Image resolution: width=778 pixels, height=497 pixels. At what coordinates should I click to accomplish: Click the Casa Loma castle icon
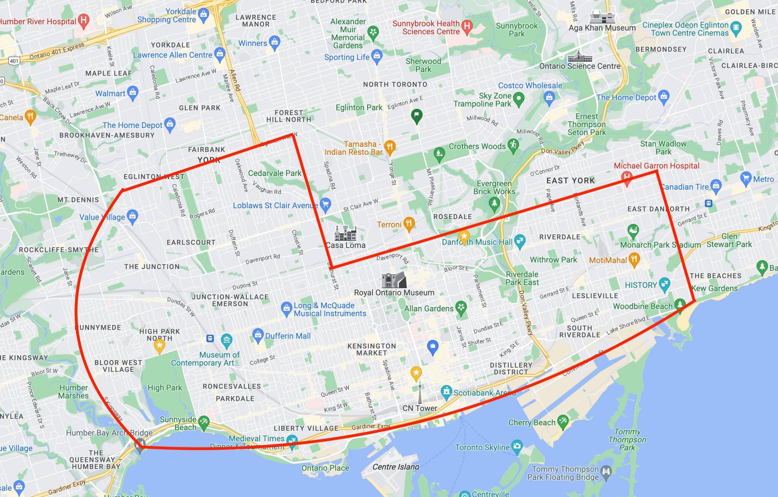[345, 233]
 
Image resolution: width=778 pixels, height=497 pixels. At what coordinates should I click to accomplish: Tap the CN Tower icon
[419, 392]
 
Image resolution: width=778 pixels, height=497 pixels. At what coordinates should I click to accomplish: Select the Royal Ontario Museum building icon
[394, 280]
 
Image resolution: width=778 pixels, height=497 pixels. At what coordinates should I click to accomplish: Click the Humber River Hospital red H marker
[84, 20]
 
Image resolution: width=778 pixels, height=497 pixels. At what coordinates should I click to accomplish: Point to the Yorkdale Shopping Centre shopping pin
[204, 14]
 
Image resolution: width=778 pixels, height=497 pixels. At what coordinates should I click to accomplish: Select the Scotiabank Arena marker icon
[446, 392]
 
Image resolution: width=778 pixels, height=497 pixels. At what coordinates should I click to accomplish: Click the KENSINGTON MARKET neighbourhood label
[372, 349]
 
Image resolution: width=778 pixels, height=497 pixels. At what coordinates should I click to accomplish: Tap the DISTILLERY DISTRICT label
[511, 368]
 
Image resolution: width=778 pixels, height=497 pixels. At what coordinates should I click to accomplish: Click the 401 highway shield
[14, 60]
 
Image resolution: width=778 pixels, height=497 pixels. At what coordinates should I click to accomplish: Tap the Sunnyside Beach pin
[204, 423]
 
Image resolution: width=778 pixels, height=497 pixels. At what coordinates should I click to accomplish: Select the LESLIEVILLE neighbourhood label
[595, 296]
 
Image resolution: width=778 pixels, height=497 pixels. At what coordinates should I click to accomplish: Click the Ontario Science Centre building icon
[580, 57]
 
